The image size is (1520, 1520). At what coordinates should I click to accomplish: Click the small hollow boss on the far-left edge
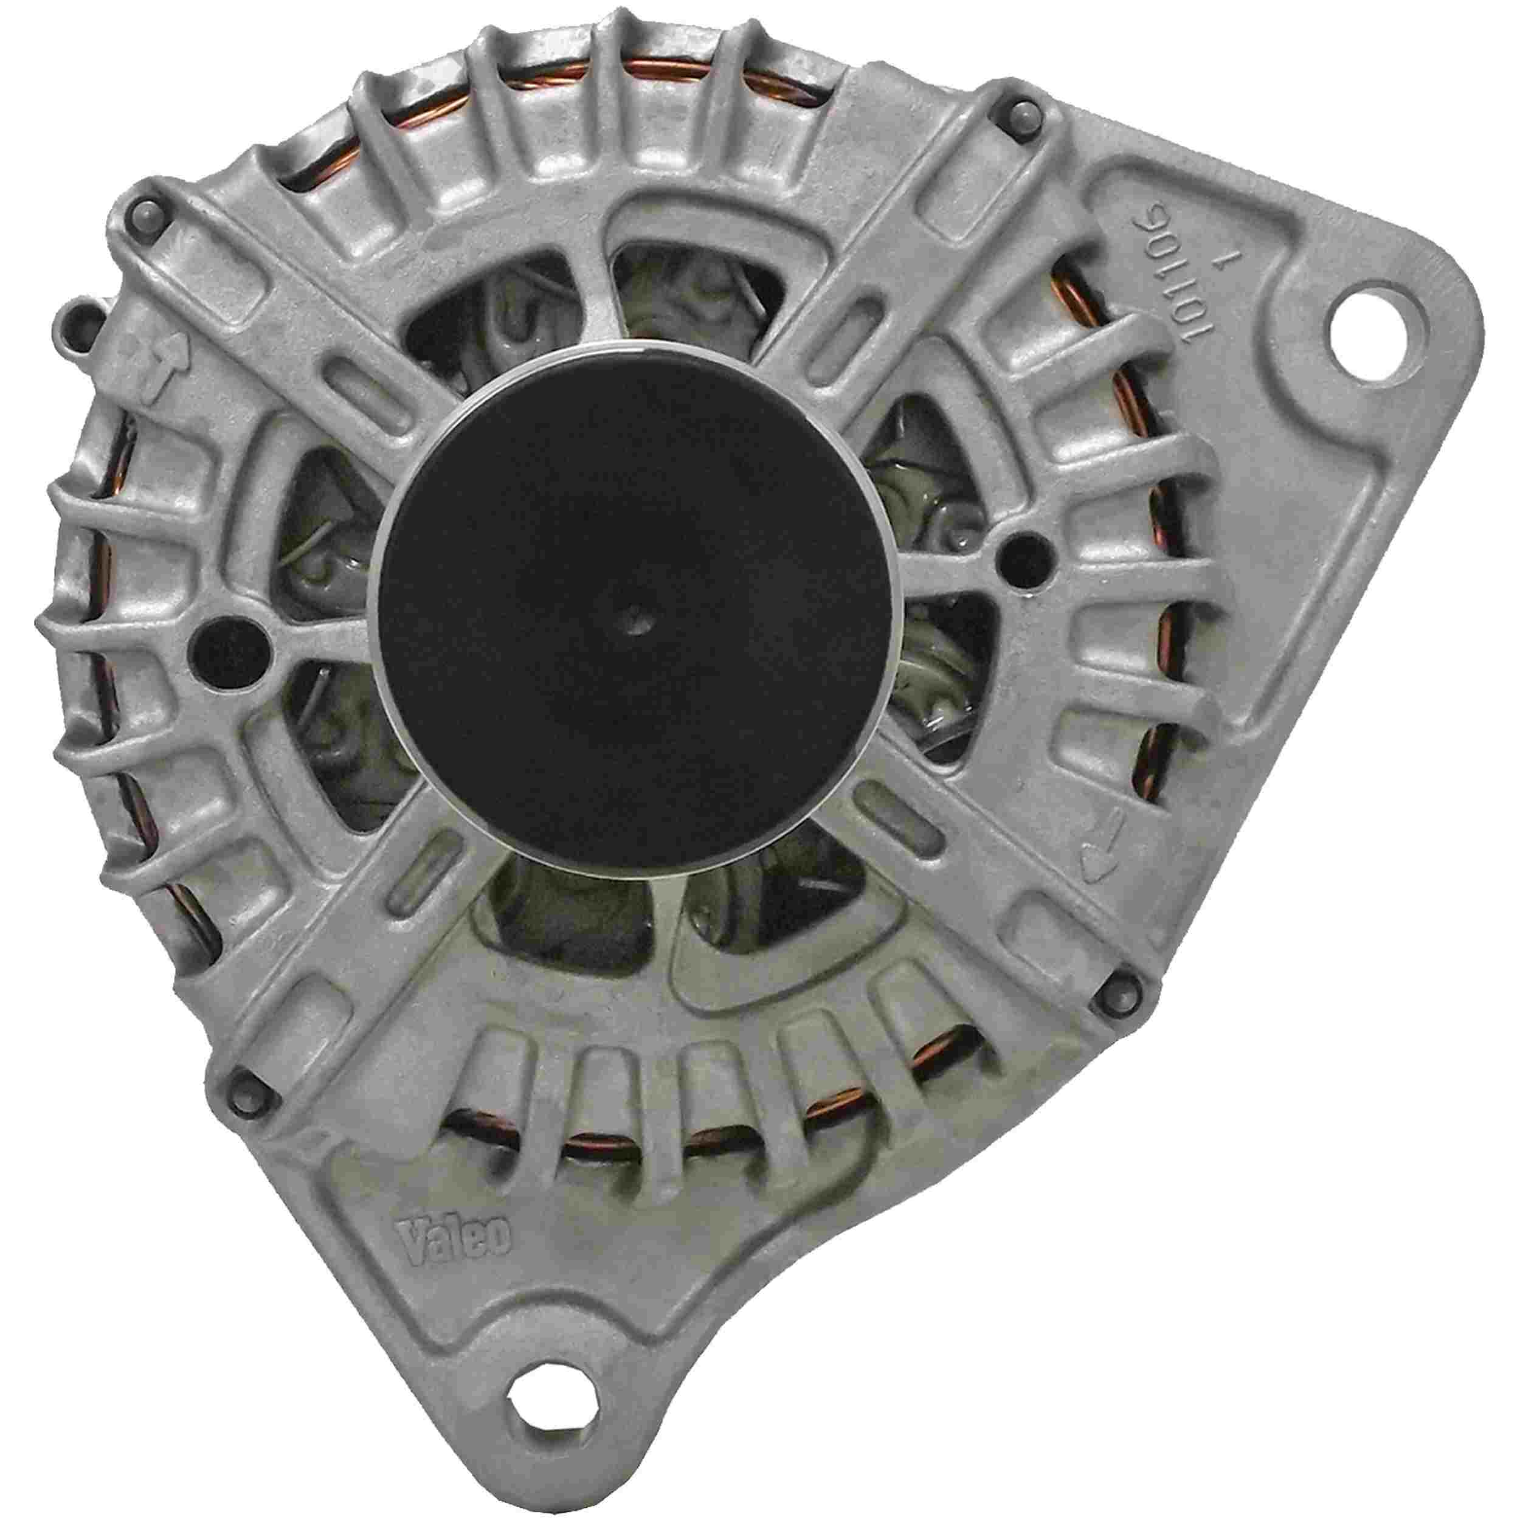(81, 319)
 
